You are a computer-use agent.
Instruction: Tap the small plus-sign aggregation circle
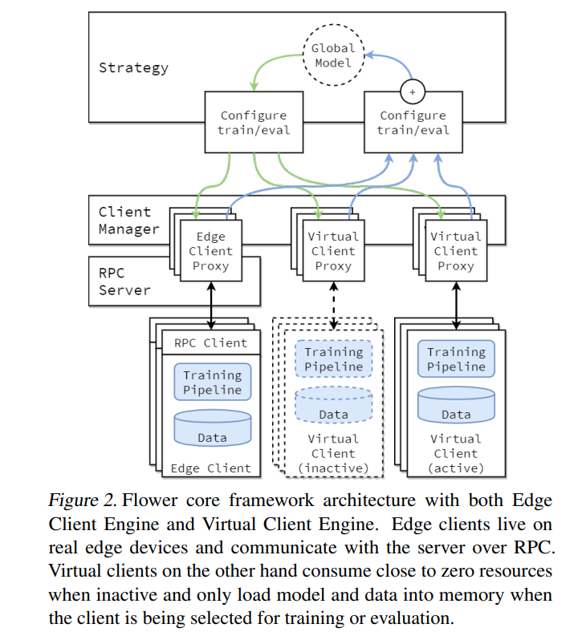pos(413,92)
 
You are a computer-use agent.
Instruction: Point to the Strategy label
pos(133,67)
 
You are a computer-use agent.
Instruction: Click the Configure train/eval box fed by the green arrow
pos(254,123)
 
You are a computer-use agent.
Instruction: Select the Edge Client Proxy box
pos(211,251)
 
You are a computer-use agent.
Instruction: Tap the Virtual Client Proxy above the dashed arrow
pos(332,251)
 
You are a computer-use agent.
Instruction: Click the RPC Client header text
pos(211,343)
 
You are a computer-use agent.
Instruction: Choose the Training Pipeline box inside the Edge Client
pos(212,382)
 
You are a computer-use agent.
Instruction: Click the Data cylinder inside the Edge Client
pos(212,429)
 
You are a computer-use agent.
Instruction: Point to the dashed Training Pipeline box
pos(333,359)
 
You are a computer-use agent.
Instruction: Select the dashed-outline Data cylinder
pos(333,406)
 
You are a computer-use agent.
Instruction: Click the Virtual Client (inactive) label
pos(333,453)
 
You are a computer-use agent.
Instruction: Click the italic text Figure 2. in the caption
pos(82,501)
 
